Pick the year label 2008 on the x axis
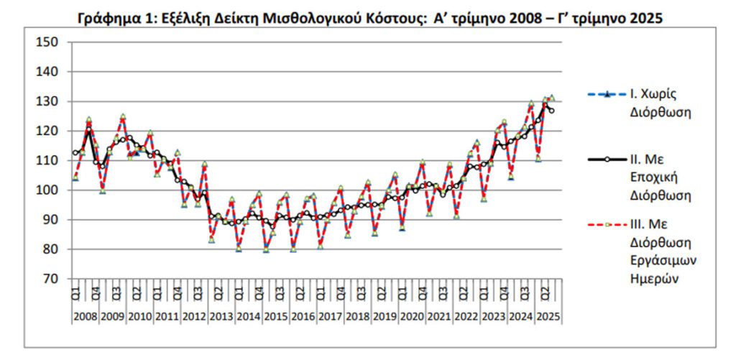(x=86, y=316)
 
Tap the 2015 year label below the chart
(x=276, y=316)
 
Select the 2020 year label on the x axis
(x=412, y=316)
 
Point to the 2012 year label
(x=194, y=316)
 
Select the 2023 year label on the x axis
(x=494, y=316)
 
